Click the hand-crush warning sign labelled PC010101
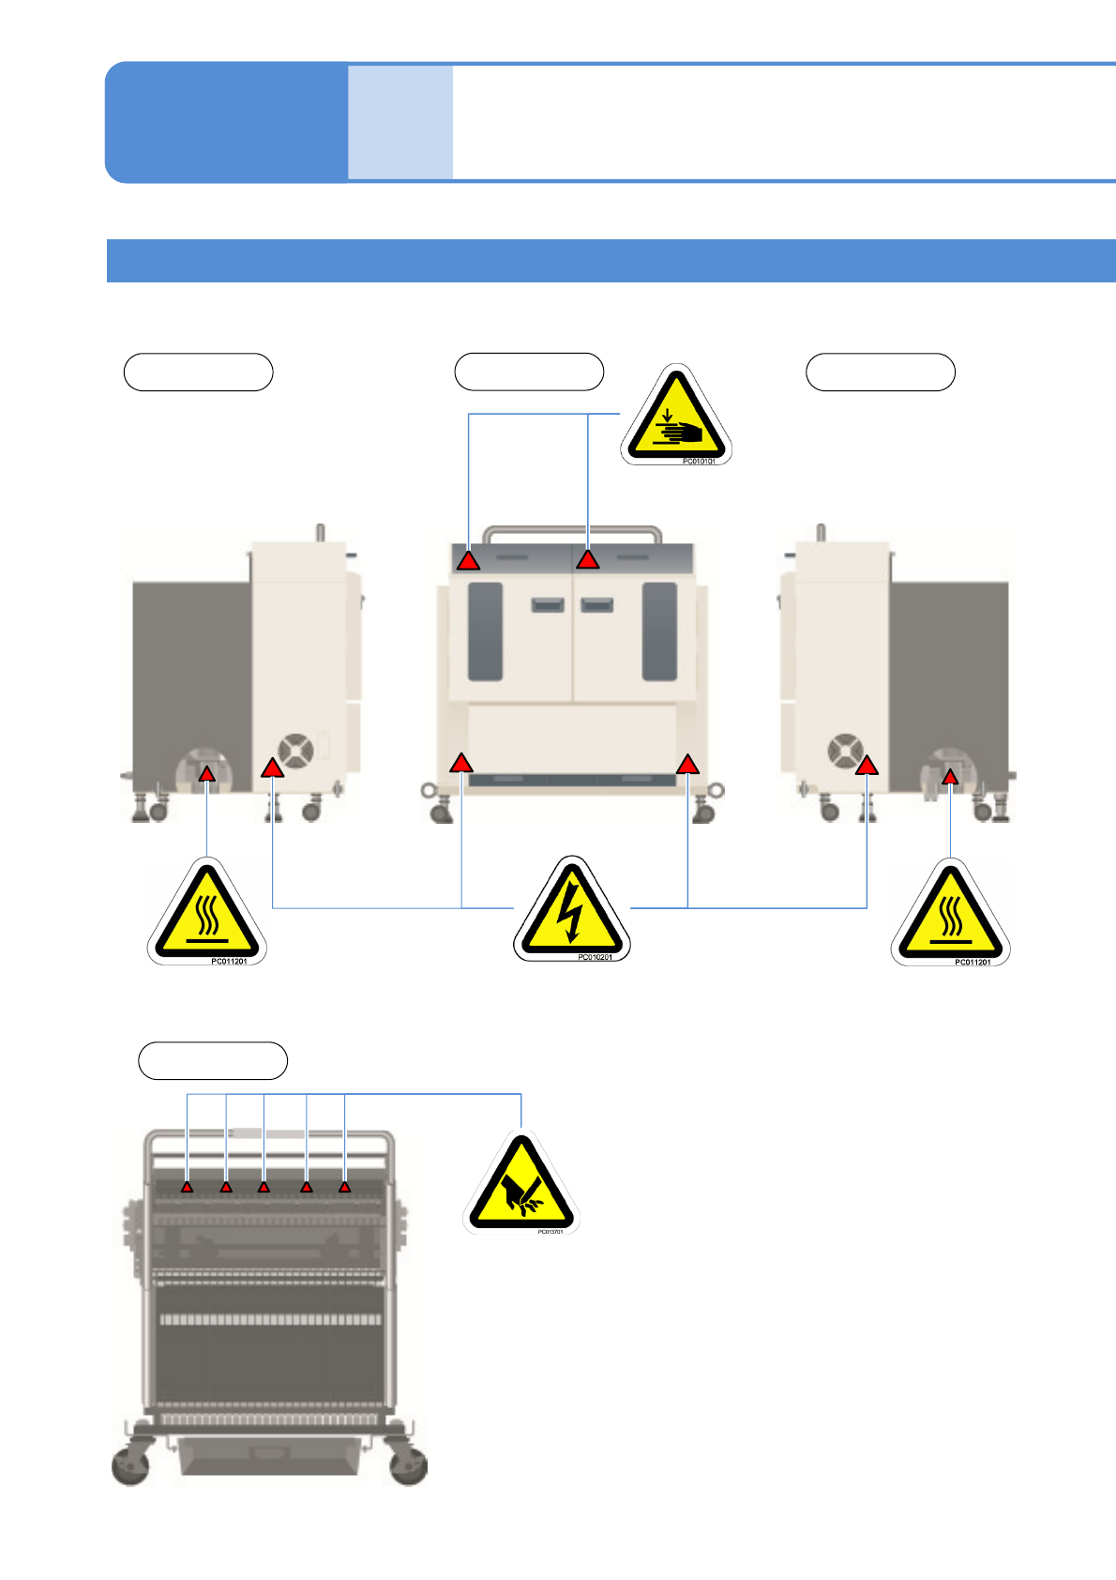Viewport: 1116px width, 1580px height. tap(676, 416)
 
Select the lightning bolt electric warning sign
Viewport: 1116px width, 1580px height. tap(571, 911)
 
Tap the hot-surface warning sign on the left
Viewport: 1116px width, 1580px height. tap(206, 913)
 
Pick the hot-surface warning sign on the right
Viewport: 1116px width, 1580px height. tap(950, 915)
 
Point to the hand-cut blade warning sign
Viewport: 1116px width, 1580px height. tap(521, 1185)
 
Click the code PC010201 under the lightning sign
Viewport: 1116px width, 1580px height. tap(595, 957)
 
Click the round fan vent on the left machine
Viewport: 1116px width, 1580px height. tap(296, 751)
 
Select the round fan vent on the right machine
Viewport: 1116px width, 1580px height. tap(845, 752)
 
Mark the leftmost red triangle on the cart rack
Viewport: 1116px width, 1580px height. tap(188, 1188)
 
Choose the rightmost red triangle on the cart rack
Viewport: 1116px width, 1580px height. tap(345, 1188)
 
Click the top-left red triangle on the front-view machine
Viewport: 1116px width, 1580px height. tap(469, 561)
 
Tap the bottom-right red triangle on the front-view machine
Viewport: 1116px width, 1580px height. tap(688, 765)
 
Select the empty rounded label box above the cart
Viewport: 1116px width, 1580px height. tap(213, 1060)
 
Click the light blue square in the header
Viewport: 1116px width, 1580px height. tap(400, 122)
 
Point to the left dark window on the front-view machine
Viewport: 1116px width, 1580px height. tap(485, 631)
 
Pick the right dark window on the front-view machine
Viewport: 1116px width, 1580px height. tap(659, 631)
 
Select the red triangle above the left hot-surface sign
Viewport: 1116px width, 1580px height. tap(207, 774)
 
